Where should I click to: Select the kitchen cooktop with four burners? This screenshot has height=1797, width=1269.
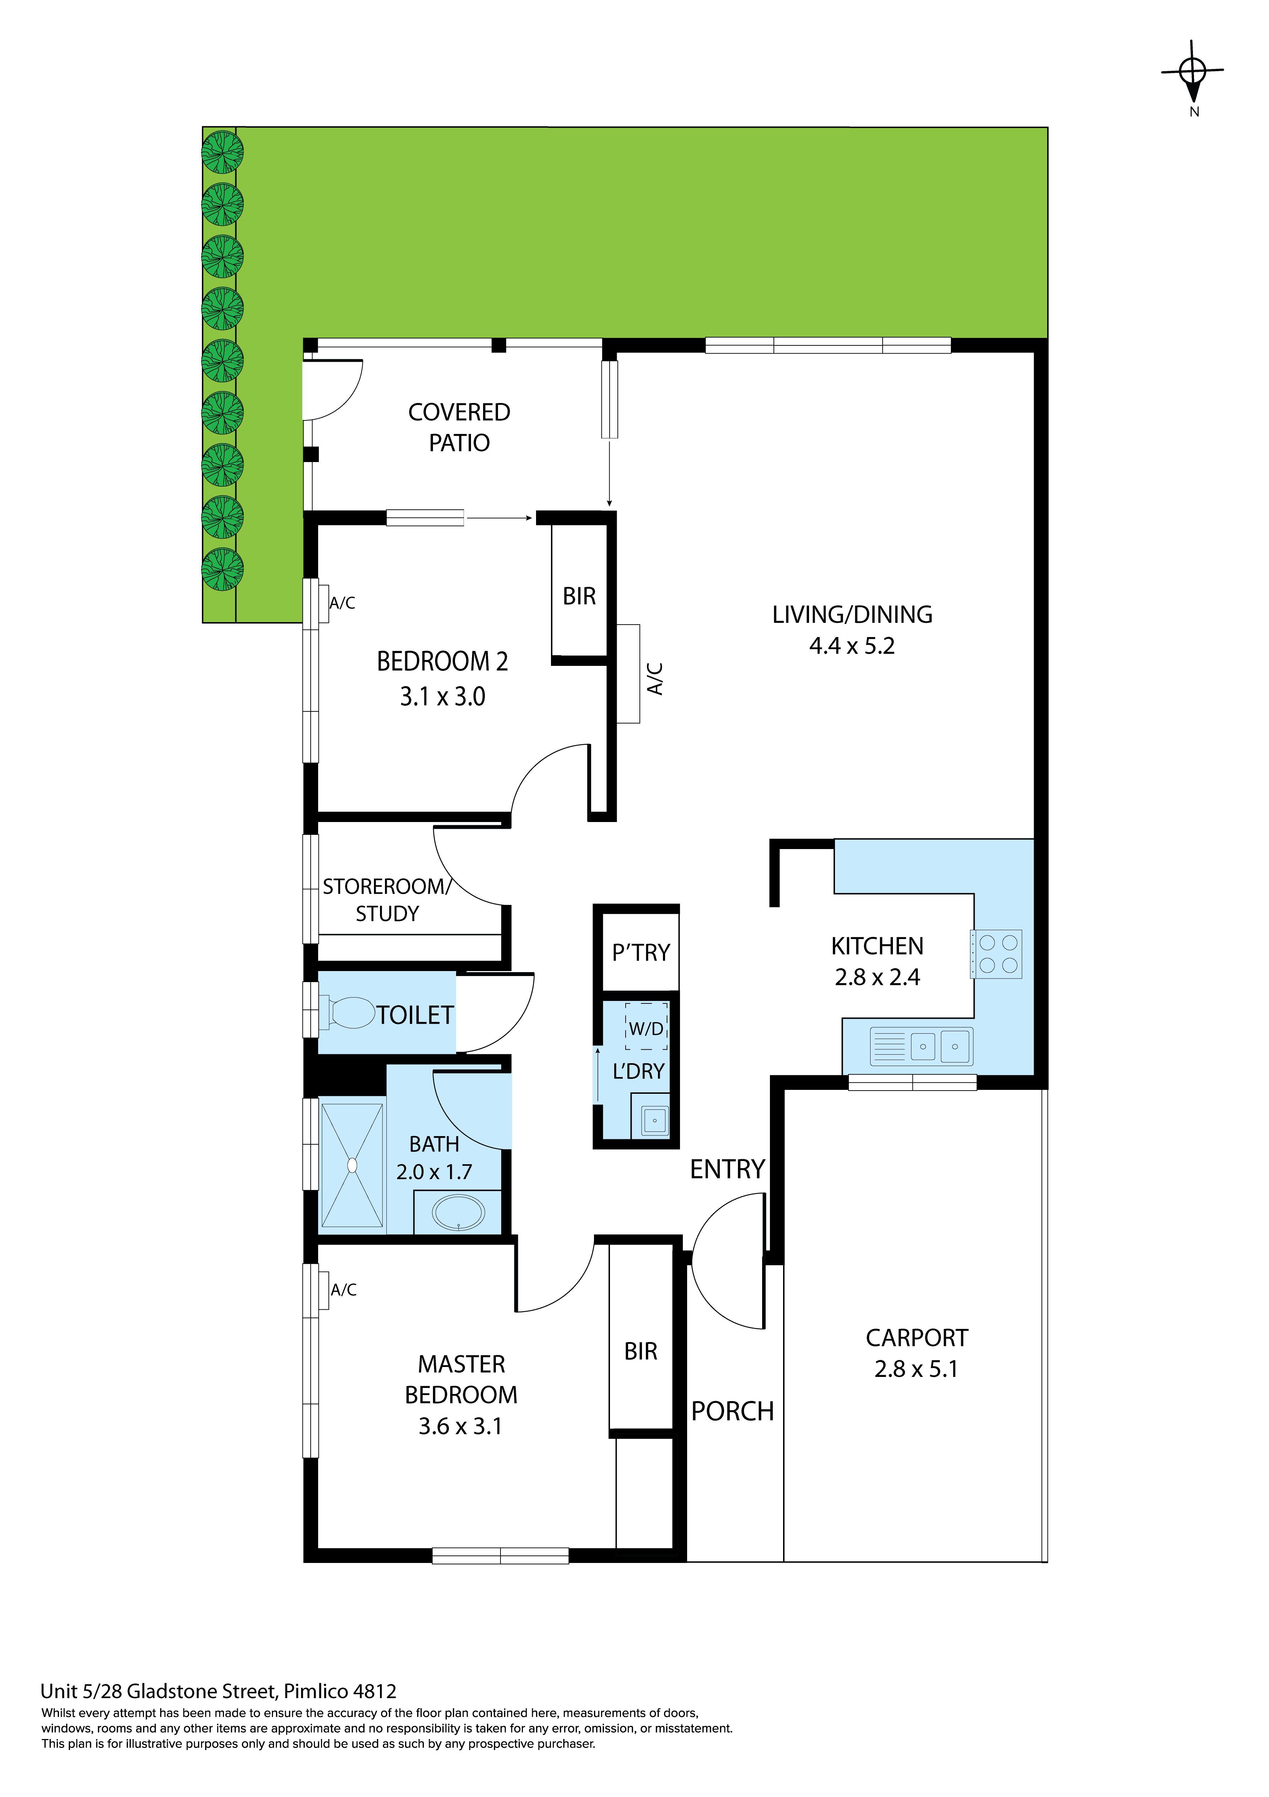coord(997,954)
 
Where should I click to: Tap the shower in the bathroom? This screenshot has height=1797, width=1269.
coord(352,1165)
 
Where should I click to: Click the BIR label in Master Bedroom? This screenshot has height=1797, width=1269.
coord(641,1352)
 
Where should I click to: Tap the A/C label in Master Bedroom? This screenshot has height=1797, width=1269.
coord(343,1290)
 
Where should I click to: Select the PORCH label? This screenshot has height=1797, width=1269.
coord(732,1411)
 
